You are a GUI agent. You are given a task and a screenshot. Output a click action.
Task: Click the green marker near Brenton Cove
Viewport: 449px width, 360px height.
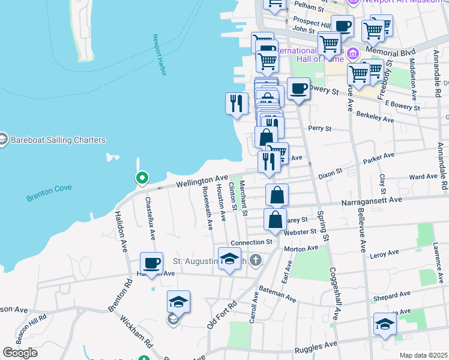point(142,178)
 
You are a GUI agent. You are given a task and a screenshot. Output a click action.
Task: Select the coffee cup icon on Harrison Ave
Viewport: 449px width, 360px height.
point(151,262)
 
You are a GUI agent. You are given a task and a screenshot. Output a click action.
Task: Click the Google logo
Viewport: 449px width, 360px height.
point(20,352)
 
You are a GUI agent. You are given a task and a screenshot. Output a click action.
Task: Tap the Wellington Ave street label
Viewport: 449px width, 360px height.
point(202,180)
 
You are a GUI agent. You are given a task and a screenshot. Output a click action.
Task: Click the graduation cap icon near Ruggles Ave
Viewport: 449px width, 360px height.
point(385,323)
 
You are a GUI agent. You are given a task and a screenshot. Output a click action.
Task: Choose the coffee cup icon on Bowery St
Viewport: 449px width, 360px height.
point(298,89)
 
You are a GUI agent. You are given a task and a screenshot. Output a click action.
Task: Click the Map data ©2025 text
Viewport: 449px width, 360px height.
point(423,355)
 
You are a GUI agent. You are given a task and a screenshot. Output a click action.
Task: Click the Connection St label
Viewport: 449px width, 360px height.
point(253,242)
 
